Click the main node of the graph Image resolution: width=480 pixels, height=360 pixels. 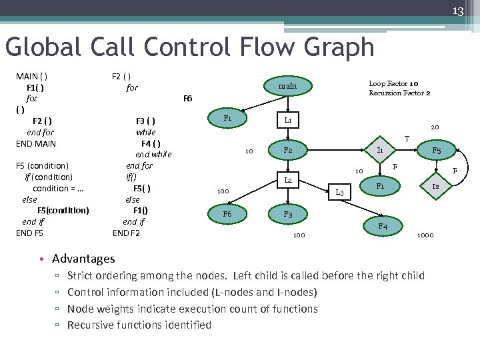287,86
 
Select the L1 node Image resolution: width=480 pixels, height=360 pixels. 287,121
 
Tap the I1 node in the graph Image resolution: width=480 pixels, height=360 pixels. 379,151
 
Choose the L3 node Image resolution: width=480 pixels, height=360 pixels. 339,193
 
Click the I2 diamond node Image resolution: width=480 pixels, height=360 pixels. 435,187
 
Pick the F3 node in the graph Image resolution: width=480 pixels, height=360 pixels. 287,215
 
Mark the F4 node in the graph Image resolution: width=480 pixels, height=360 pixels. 383,227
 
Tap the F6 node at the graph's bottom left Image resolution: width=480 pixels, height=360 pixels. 227,215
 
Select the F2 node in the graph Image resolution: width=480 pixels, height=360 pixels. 287,151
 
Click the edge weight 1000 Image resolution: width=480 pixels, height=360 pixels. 425,235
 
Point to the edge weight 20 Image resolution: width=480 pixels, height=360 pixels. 435,127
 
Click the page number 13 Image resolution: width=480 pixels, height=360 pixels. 459,11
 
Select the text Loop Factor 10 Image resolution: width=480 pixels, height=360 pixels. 393,84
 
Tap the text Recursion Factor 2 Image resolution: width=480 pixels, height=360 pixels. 399,93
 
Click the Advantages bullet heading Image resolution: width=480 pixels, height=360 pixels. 83,259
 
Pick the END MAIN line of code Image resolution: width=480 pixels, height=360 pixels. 36,143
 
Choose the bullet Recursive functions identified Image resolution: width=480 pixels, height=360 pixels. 139,325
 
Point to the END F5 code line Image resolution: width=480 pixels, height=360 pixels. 29,233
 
